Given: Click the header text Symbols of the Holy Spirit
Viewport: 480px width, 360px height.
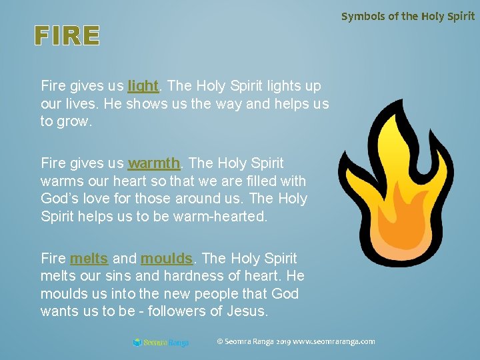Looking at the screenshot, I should (408, 16).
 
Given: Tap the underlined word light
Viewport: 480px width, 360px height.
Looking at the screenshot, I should (143, 86).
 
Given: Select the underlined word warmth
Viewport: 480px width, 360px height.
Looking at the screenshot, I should (154, 163).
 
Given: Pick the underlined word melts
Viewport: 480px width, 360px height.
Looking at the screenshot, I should (89, 259).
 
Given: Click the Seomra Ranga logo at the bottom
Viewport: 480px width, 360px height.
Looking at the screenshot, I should (161, 343).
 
